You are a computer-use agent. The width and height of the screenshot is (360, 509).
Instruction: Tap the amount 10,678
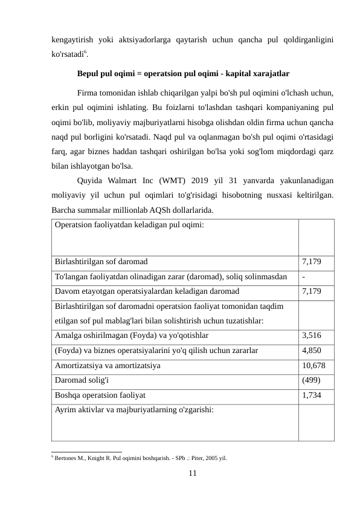click(x=314, y=366)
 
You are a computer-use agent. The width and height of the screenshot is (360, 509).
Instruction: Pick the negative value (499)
click(x=311, y=380)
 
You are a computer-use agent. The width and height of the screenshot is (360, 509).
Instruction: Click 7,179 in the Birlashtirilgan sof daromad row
click(x=312, y=262)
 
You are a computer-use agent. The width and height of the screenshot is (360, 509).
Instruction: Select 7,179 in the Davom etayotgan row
click(x=312, y=291)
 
